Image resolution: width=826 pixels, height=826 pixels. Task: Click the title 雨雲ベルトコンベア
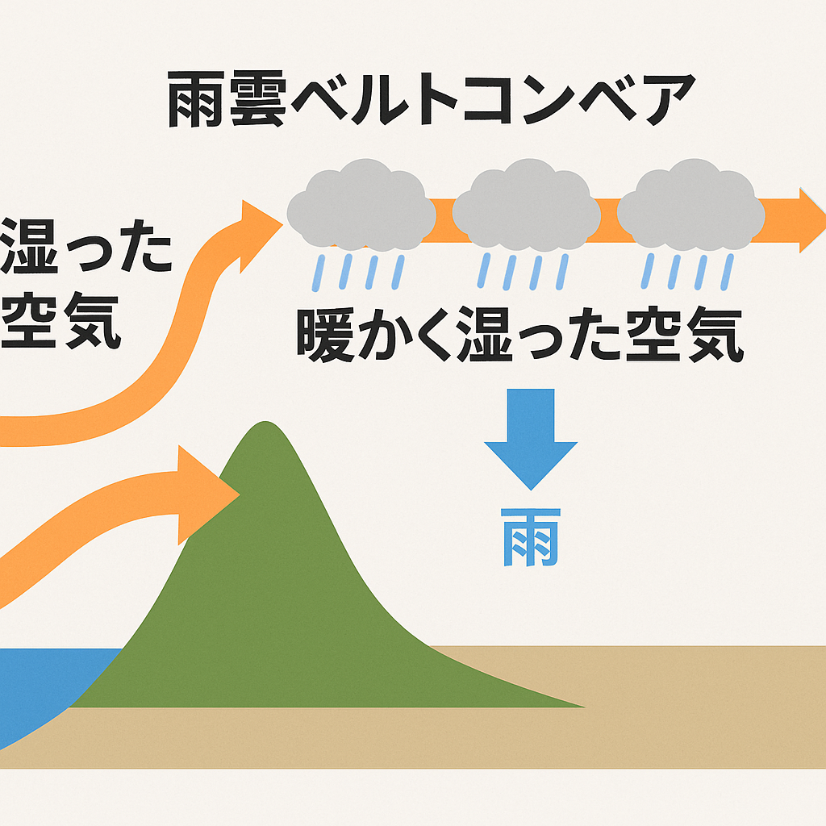(432, 99)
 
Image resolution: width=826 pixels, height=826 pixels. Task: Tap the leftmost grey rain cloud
(361, 204)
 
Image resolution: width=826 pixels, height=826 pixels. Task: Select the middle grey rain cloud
(526, 204)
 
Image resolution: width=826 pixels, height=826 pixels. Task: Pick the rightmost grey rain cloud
(690, 204)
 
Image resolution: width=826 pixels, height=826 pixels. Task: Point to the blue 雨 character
(531, 537)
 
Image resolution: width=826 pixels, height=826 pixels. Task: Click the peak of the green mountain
(265, 423)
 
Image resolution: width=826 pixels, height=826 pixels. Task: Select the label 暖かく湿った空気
(520, 335)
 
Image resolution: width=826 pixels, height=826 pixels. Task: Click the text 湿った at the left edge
(86, 247)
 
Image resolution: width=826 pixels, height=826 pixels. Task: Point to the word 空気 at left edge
(60, 320)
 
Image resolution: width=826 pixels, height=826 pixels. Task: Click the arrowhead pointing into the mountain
(209, 495)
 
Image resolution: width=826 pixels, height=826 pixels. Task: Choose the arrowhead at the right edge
(812, 220)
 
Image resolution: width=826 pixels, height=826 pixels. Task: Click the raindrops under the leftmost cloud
(358, 273)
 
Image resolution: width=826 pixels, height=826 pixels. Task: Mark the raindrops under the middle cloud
(523, 272)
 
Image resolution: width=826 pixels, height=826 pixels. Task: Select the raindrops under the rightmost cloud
(687, 272)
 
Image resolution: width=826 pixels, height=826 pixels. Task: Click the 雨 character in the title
(196, 100)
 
